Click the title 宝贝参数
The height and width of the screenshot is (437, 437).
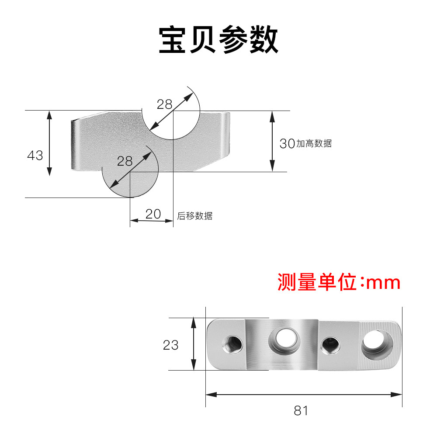click(218, 41)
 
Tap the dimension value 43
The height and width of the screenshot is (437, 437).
click(35, 155)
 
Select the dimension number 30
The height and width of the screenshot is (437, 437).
click(287, 143)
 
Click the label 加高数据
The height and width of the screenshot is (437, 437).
click(314, 143)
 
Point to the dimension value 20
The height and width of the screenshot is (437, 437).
click(153, 214)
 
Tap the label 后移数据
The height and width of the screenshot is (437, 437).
click(195, 216)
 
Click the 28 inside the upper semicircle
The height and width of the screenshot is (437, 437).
click(165, 104)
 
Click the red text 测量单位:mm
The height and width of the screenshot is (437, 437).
click(339, 283)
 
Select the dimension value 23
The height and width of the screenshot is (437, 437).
click(170, 345)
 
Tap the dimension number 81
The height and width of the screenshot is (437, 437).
click(301, 411)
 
